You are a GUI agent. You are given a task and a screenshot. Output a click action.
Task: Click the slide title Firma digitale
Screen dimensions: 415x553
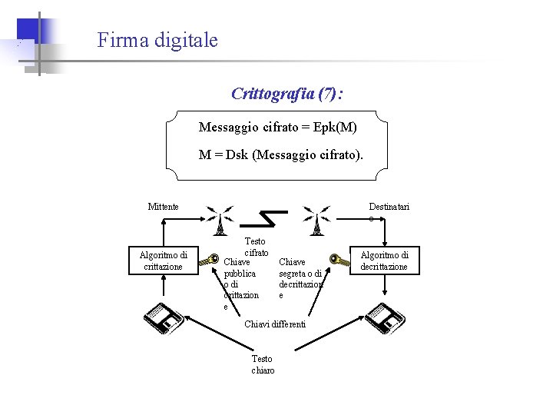coord(157,40)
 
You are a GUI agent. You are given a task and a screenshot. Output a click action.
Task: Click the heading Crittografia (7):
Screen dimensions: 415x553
coord(286,94)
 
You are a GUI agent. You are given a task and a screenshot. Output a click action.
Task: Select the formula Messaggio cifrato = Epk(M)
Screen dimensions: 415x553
coord(277,126)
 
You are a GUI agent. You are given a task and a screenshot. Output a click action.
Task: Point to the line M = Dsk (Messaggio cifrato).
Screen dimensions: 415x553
coord(281,154)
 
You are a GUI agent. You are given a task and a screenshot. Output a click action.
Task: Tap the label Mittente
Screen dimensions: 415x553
coord(163,206)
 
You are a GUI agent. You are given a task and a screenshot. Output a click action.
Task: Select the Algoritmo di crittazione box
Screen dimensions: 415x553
coord(163,261)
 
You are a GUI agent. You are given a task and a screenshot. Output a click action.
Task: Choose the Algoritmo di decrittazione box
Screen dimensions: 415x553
coord(384,261)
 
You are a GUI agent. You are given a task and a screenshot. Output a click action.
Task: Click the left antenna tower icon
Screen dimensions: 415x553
coord(220,221)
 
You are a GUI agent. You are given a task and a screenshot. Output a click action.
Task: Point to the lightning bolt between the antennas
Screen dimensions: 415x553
coord(270,218)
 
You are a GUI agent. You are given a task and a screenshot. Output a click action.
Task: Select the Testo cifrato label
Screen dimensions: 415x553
coord(256,247)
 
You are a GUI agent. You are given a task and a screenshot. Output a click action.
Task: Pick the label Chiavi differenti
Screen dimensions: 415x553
coord(275,324)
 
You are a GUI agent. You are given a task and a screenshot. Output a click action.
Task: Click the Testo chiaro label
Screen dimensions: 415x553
coord(262,364)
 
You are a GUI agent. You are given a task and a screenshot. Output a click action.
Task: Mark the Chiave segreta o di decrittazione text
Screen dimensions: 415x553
coord(300,278)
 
